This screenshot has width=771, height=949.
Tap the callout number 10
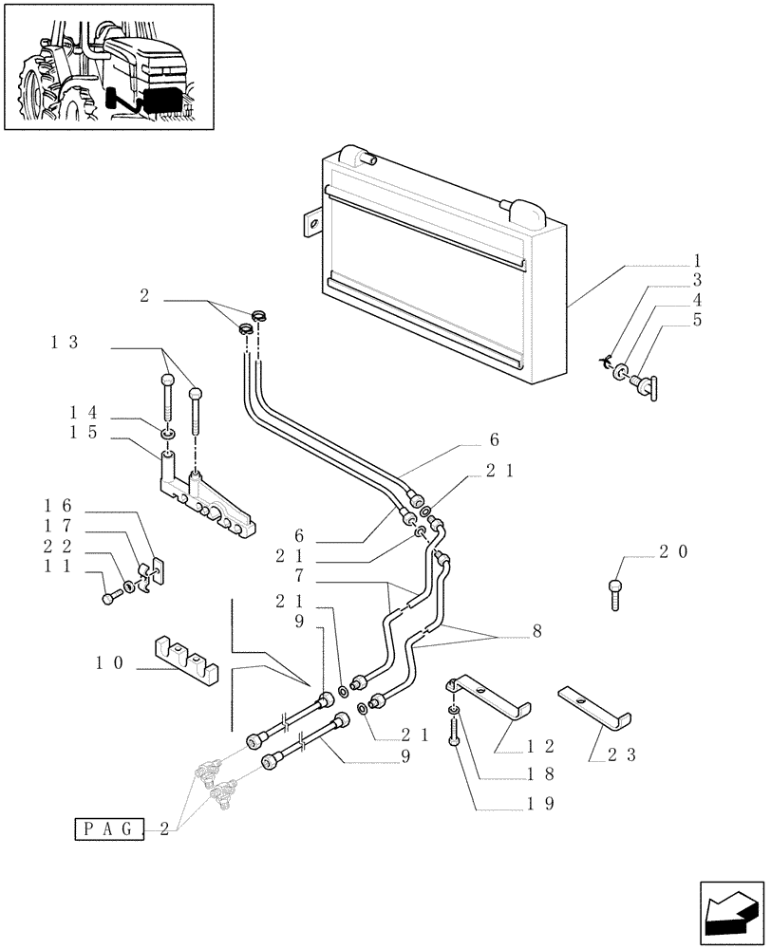click(x=110, y=663)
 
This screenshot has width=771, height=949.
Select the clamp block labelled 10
click(x=187, y=658)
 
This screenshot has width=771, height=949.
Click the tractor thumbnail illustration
click(x=107, y=66)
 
